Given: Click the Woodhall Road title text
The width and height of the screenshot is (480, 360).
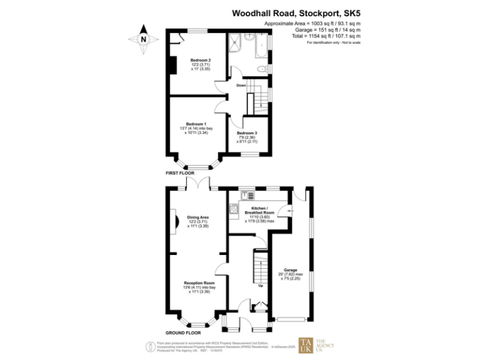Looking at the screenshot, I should pyautogui.click(x=296, y=12).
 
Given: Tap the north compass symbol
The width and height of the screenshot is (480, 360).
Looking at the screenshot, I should pyautogui.click(x=143, y=39).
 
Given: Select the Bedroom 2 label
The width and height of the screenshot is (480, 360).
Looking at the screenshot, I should pyautogui.click(x=201, y=61).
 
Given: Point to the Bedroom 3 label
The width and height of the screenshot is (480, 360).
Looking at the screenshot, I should pyautogui.click(x=247, y=133).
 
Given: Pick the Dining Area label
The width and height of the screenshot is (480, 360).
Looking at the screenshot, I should pyautogui.click(x=198, y=217).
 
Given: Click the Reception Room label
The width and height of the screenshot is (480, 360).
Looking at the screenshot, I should pyautogui.click(x=199, y=283).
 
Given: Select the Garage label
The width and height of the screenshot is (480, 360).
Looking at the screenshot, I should pyautogui.click(x=291, y=271).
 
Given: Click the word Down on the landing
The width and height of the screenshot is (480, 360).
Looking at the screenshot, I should pyautogui.click(x=241, y=85).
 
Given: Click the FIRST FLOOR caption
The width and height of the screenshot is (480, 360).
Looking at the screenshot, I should pyautogui.click(x=181, y=172).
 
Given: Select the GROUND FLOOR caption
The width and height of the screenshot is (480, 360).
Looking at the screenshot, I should pyautogui.click(x=182, y=332).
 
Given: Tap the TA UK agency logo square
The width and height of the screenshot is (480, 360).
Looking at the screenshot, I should pyautogui.click(x=306, y=344).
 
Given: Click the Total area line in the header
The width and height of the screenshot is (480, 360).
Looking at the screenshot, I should pyautogui.click(x=327, y=36).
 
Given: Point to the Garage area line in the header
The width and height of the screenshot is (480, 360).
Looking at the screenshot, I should pyautogui.click(x=327, y=29).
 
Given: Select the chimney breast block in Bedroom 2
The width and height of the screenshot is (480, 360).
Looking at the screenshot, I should pyautogui.click(x=169, y=64).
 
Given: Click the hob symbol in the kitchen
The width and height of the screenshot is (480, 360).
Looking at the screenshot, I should pyautogui.click(x=233, y=209).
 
